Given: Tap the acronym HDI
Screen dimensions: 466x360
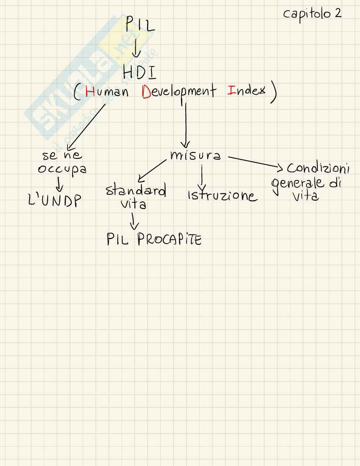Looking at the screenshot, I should (139, 73).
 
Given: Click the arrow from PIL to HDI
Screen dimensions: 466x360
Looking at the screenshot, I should (136, 48).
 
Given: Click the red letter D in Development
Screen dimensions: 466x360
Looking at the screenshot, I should (146, 92).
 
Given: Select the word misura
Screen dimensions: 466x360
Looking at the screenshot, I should (195, 156).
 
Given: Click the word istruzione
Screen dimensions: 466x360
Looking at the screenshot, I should (222, 196).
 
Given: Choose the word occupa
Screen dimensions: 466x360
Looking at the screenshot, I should (62, 169).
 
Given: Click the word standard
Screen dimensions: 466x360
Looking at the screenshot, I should (135, 191).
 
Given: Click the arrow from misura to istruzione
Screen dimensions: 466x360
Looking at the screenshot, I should (202, 177).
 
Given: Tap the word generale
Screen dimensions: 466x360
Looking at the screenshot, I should (298, 183).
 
